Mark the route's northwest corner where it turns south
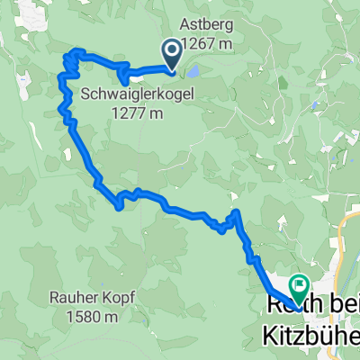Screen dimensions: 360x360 click(x=67, y=59)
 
